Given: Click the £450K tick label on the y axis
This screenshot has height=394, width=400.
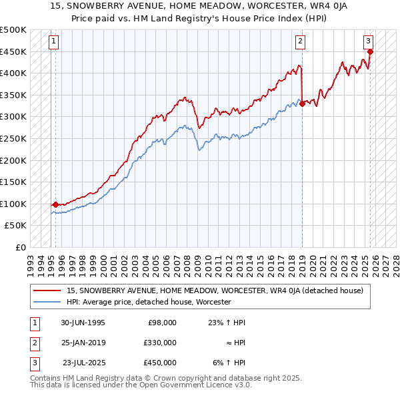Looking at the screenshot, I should pyautogui.click(x=13, y=52).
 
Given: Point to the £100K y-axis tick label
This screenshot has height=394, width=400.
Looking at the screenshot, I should pyautogui.click(x=13, y=204).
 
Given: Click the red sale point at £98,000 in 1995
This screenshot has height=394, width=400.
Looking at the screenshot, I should pyautogui.click(x=55, y=205).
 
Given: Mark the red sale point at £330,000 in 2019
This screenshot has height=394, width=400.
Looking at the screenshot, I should pyautogui.click(x=302, y=104).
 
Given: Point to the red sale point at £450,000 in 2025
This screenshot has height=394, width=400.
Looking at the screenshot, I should pyautogui.click(x=371, y=51).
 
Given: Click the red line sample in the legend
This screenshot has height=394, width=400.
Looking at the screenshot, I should pyautogui.click(x=47, y=290).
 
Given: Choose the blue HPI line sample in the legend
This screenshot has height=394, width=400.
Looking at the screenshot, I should pyautogui.click(x=47, y=302).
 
